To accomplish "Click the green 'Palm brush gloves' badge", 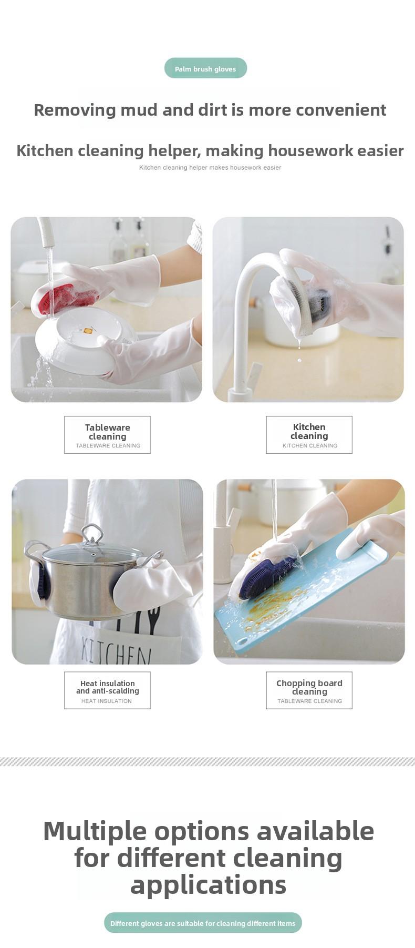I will (x=205, y=68).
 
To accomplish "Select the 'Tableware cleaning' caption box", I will (x=107, y=435).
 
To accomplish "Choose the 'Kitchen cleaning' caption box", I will (x=309, y=435).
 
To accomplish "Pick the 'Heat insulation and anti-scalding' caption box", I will (x=107, y=690).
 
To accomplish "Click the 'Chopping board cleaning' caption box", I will (x=309, y=690).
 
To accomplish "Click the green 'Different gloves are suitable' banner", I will (x=203, y=923).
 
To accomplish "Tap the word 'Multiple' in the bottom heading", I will (x=95, y=831).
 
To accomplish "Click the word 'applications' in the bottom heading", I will (x=208, y=885).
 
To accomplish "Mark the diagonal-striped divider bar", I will (x=207, y=761).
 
